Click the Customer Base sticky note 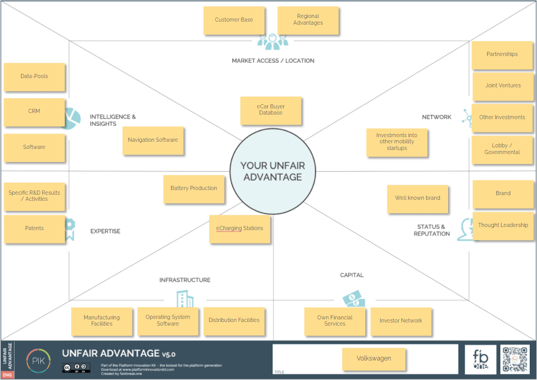234,20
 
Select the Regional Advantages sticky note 308,20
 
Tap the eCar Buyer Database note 270,110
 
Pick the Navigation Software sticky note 153,140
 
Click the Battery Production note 194,188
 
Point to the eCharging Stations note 239,229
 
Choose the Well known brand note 417,198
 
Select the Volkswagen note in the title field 374,358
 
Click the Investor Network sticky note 401,321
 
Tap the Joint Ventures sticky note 503,86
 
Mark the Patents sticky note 34,229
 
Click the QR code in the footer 515,359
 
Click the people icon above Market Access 272,42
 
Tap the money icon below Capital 354,299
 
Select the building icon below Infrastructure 185,299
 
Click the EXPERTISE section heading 105,231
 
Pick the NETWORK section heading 436,117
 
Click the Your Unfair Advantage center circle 272,172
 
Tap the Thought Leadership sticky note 503,225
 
